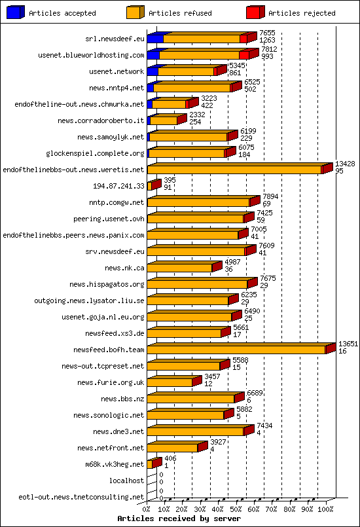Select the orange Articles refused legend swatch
click(135, 12)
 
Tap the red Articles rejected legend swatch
click(255, 12)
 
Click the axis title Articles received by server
click(179, 518)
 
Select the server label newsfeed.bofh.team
click(109, 350)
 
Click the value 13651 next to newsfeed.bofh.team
click(348, 344)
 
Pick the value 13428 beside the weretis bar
click(345, 164)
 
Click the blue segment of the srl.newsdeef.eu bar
click(154, 39)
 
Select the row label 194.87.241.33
click(118, 186)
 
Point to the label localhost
click(126, 481)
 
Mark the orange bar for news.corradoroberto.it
click(164, 121)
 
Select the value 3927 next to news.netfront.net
click(218, 442)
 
